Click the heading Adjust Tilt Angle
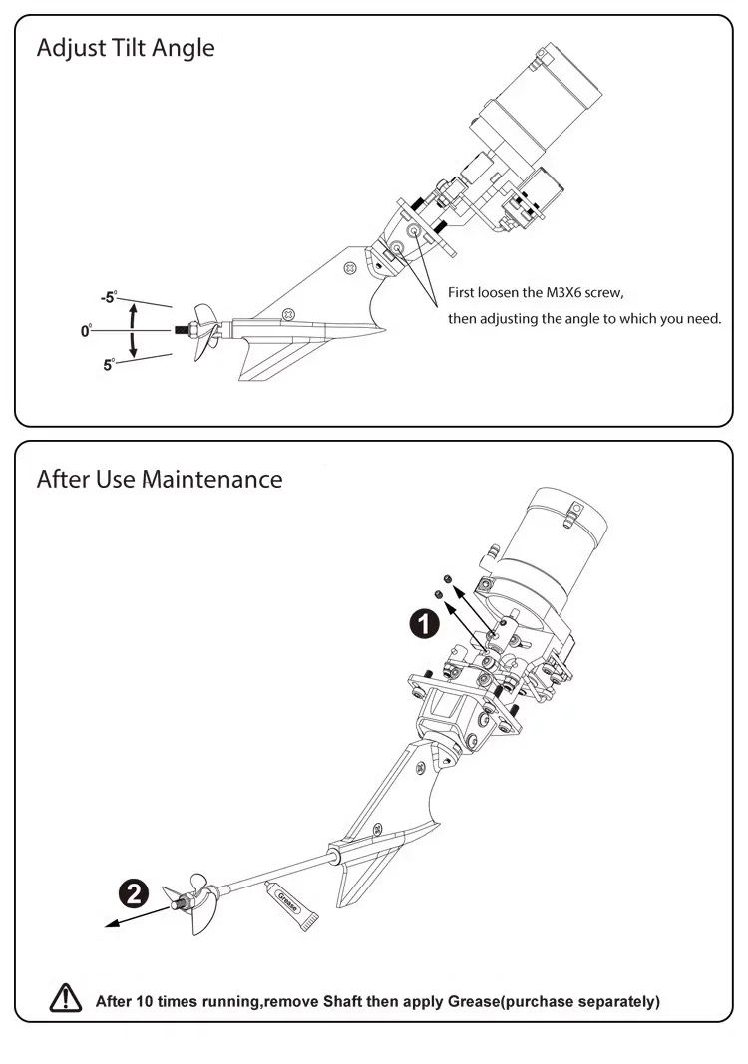[125, 48]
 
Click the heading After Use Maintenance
[159, 479]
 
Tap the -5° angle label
[108, 296]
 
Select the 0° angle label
[87, 329]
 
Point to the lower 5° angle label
[109, 365]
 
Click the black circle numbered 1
[425, 624]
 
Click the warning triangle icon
[66, 999]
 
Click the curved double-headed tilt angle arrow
[134, 330]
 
